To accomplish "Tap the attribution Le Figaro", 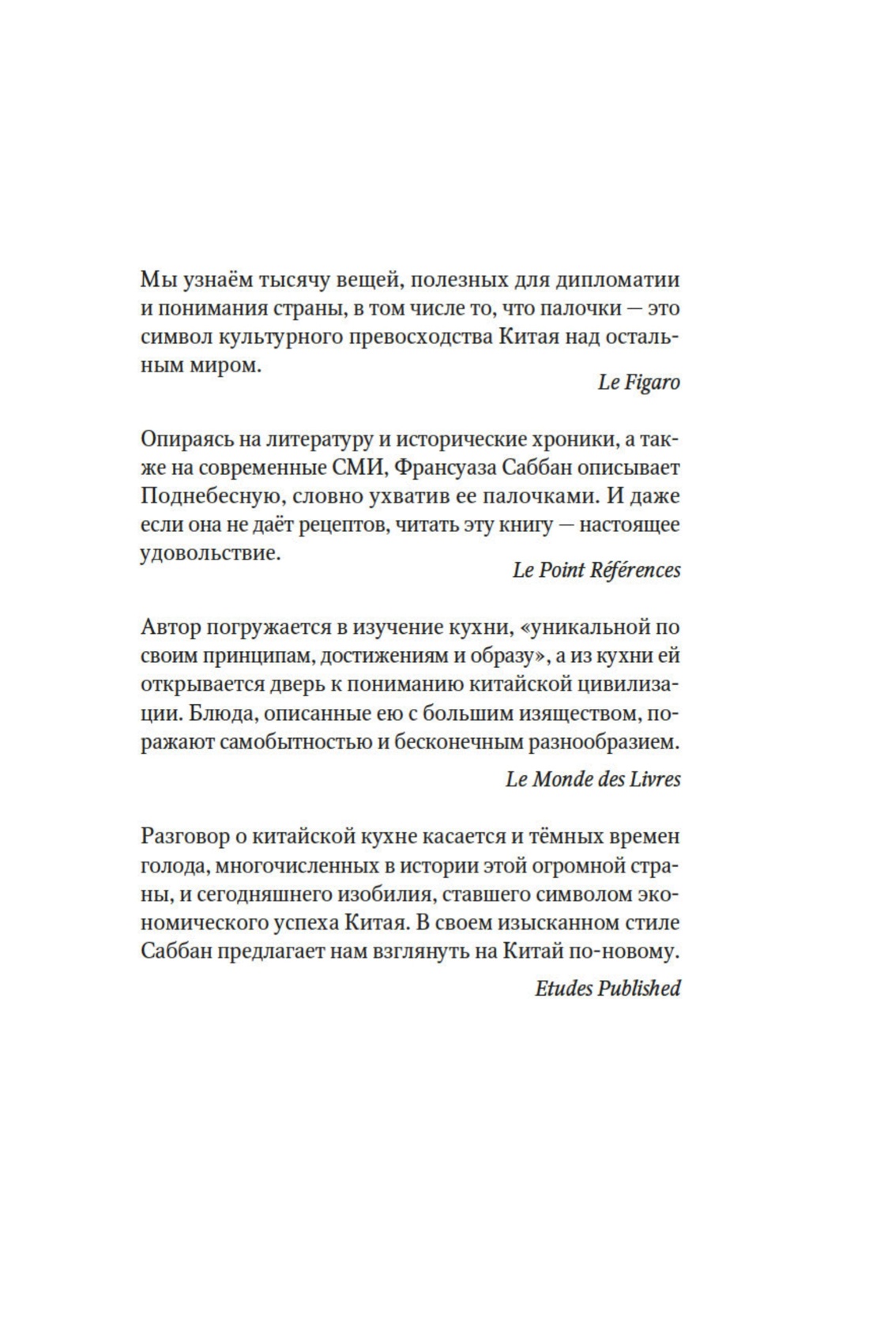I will (x=638, y=383).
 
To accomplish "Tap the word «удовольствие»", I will (x=210, y=553).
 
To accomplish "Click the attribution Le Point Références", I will (x=596, y=571).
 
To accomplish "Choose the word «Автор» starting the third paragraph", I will (x=169, y=628).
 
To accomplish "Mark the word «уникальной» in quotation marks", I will (x=584, y=628).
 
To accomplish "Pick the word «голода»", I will (x=174, y=865).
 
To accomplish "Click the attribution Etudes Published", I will (x=608, y=989).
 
